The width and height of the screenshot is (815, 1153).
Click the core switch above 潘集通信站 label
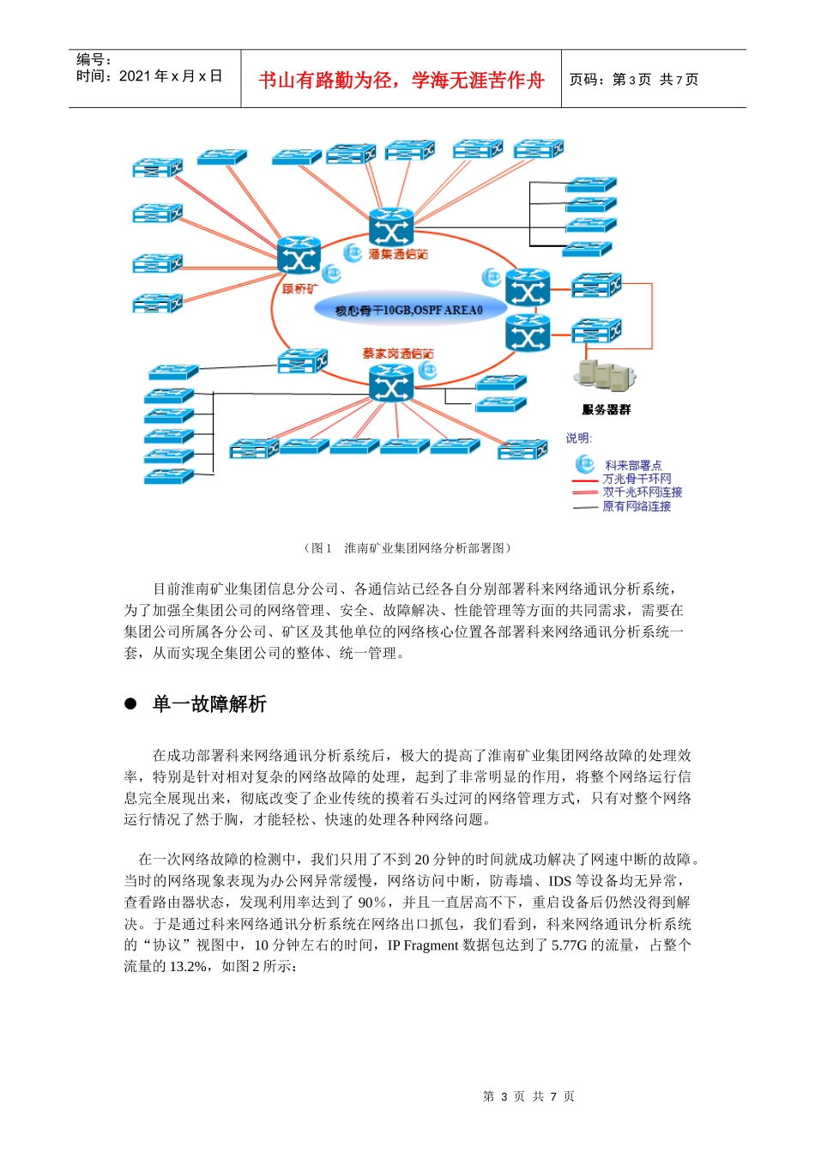(x=390, y=227)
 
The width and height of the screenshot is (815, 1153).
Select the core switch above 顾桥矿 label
(x=299, y=256)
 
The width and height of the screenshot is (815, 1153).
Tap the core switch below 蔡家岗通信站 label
(x=390, y=383)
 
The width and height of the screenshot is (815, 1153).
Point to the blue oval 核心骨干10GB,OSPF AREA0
(x=409, y=310)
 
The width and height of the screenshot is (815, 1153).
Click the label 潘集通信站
(x=398, y=254)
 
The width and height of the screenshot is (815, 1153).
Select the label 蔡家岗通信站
(x=397, y=353)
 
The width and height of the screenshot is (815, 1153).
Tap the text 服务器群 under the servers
(x=606, y=410)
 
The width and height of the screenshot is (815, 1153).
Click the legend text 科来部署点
(x=633, y=465)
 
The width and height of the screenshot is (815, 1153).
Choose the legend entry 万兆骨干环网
(x=637, y=479)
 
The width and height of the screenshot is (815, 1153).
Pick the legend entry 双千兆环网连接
(x=642, y=492)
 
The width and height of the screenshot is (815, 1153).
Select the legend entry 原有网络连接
(x=637, y=506)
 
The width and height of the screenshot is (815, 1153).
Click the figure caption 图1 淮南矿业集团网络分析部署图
(x=407, y=548)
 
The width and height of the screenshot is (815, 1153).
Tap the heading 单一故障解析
(x=209, y=704)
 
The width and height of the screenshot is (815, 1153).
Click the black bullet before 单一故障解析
(x=131, y=704)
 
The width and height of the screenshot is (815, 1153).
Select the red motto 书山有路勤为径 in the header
(x=401, y=80)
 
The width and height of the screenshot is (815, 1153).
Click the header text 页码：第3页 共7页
(x=634, y=80)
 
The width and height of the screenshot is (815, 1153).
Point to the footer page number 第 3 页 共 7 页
(x=528, y=1096)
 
